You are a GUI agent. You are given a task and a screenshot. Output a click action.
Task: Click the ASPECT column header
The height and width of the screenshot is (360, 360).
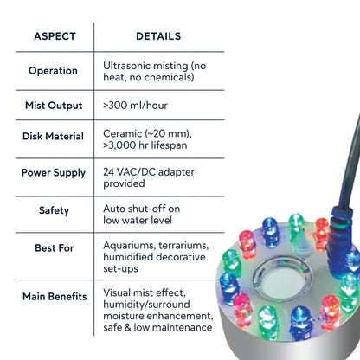[55, 36]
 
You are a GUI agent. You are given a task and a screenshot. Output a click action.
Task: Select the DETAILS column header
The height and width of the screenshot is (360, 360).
[158, 36]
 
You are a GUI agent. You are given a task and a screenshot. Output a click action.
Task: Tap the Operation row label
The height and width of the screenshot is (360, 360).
[53, 71]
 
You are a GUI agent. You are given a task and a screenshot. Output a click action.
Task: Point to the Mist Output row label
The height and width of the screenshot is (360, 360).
[54, 106]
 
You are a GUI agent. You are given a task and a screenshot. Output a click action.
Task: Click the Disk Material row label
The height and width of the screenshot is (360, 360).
[53, 136]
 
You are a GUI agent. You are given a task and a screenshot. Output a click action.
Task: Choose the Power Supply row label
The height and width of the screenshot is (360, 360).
[54, 173]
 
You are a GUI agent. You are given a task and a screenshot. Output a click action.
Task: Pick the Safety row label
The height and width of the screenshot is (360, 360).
[54, 210]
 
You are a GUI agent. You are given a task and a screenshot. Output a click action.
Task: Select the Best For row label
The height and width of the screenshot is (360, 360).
[55, 248]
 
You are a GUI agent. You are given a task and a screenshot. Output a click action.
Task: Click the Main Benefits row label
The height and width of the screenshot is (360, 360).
[55, 297]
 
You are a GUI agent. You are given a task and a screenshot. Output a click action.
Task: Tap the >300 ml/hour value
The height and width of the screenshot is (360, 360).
[135, 106]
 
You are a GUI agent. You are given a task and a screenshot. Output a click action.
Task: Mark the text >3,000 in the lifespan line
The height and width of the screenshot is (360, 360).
[119, 145]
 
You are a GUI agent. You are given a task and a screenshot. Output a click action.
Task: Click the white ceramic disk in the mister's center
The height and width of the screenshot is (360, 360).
[281, 280]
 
